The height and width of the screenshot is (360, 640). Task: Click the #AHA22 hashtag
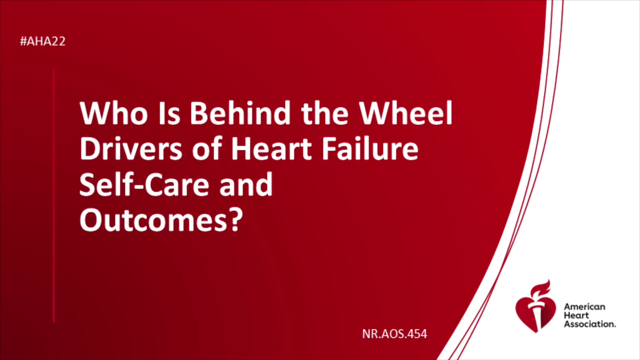pyautogui.click(x=43, y=41)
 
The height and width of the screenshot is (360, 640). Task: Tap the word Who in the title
pyautogui.click(x=114, y=113)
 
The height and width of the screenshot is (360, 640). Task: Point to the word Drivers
pyautogui.click(x=131, y=149)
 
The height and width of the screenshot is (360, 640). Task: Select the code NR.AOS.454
pyautogui.click(x=395, y=334)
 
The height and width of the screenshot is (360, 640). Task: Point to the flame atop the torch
pyautogui.click(x=541, y=288)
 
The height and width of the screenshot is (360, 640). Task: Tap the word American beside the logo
pyautogui.click(x=585, y=307)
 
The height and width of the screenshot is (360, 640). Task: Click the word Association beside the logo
pyautogui.click(x=590, y=324)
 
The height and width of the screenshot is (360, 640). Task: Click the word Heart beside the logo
pyautogui.click(x=576, y=315)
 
